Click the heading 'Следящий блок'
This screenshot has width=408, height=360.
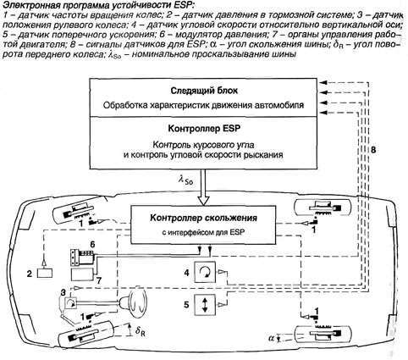click(x=204, y=91)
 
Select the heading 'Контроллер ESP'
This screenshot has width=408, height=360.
click(x=204, y=129)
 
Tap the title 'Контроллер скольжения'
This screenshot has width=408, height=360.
click(x=203, y=218)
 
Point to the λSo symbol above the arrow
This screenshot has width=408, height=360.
click(x=186, y=180)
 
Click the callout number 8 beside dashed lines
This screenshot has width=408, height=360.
click(x=373, y=150)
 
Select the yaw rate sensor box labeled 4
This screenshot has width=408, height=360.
click(x=205, y=272)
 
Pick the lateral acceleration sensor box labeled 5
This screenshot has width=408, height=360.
click(x=205, y=305)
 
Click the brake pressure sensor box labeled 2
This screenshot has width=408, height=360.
click(x=45, y=273)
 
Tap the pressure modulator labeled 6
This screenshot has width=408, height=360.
click(x=82, y=258)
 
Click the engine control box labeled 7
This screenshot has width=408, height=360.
click(x=82, y=274)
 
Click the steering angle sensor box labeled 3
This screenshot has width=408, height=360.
click(x=70, y=303)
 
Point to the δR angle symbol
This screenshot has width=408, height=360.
click(x=141, y=331)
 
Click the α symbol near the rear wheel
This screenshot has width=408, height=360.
click(x=272, y=337)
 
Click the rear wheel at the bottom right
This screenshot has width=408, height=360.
click(x=323, y=335)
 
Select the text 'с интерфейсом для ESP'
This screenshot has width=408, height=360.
click(x=203, y=232)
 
